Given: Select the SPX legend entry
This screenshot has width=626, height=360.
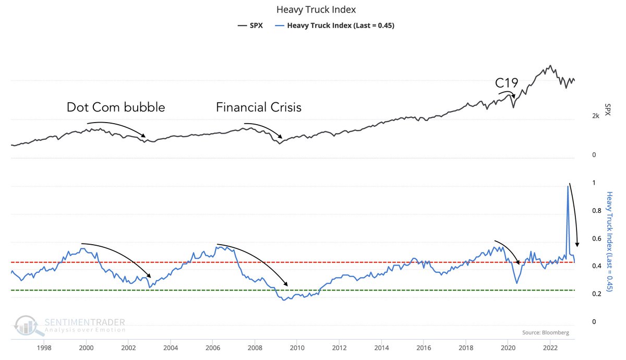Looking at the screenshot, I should tap(250, 25).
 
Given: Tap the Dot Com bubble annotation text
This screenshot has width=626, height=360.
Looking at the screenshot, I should tap(115, 107).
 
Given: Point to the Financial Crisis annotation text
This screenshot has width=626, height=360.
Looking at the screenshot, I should tap(259, 107).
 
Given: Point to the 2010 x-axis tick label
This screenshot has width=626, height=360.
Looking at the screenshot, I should tap(297, 346).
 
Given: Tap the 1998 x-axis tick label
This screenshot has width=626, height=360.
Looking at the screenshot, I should tap(44, 346).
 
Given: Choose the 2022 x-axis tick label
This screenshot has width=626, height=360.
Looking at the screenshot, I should tap(550, 346).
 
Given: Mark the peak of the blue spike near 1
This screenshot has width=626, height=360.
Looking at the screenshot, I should tap(568, 186).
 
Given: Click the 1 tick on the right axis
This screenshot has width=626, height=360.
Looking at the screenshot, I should tap(593, 183).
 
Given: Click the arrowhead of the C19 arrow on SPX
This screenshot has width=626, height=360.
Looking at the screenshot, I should tap(514, 98).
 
